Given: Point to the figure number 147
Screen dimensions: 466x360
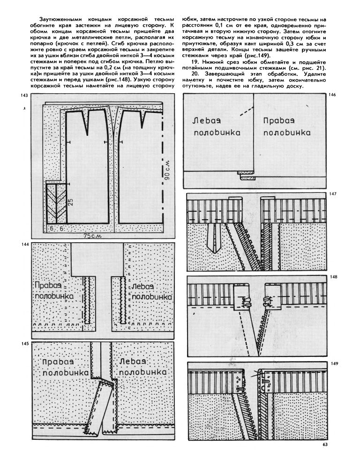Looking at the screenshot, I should click(x=333, y=194).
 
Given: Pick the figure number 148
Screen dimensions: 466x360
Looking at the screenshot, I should click(x=333, y=277).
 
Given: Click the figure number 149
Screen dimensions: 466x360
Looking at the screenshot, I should click(x=333, y=364).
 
